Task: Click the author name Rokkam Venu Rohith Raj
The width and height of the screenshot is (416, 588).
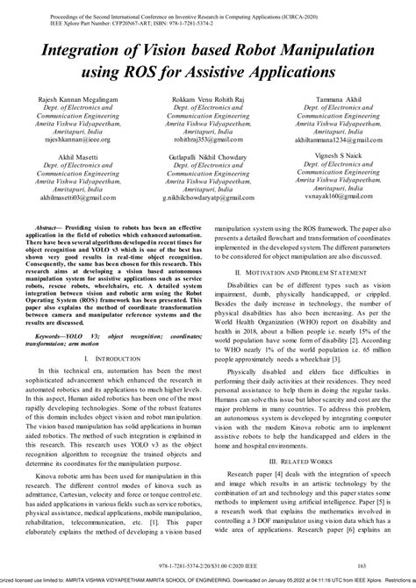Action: (208, 102)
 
